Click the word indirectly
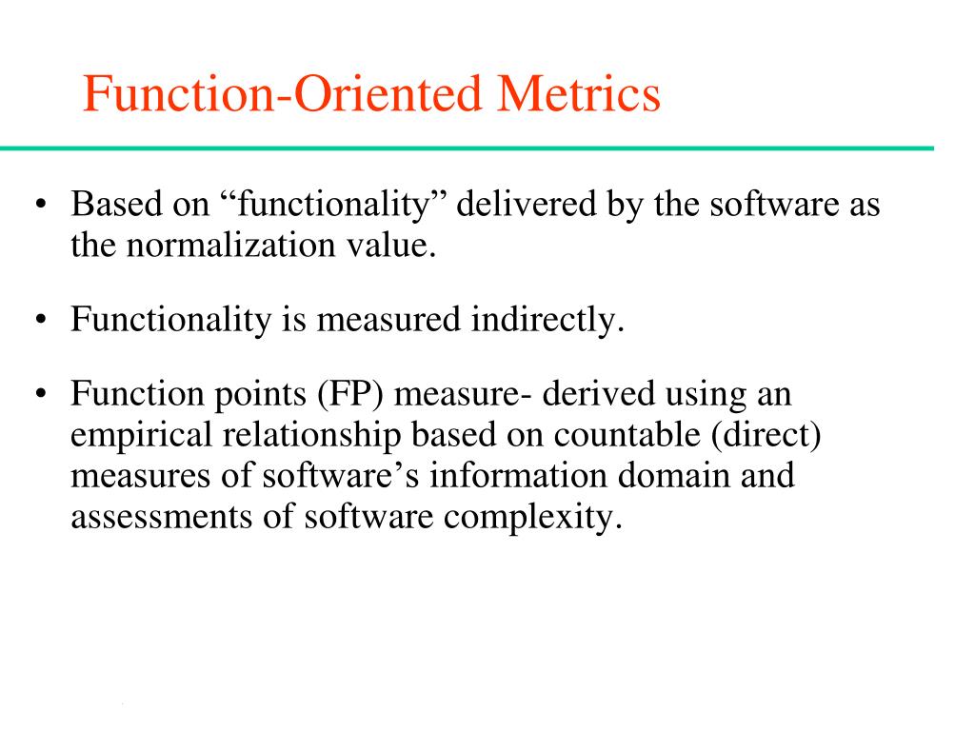coord(547,320)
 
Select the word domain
coord(667,477)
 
